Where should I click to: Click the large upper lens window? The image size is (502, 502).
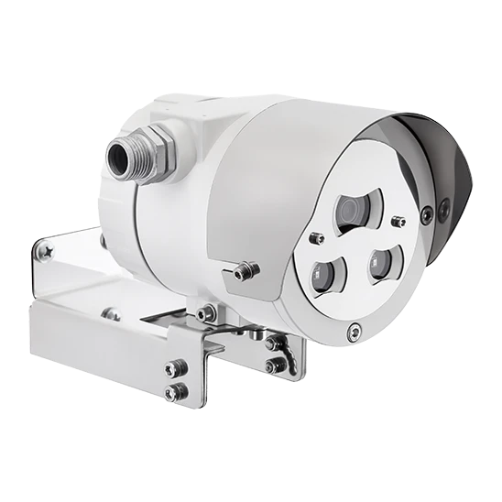pos(354,210)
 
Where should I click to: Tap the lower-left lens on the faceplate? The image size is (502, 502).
pos(324,272)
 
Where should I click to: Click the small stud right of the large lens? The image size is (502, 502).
pos(397,221)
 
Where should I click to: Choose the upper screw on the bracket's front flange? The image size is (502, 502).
pos(169,370)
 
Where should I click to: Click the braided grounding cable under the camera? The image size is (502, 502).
pos(291,352)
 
